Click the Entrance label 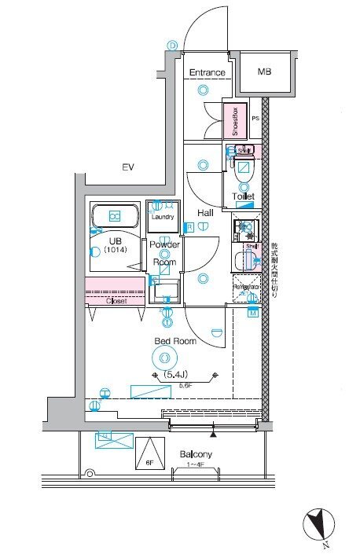pyautogui.click(x=208, y=73)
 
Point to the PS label pyautogui.click(x=255, y=119)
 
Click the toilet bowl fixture pyautogui.click(x=244, y=167)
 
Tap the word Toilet pyautogui.click(x=243, y=196)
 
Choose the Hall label pyautogui.click(x=206, y=212)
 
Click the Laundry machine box pyautogui.click(x=163, y=216)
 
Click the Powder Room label pyautogui.click(x=165, y=251)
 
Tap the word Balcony pyautogui.click(x=195, y=455)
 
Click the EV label pyautogui.click(x=128, y=167)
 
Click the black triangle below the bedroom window pyautogui.click(x=213, y=433)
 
